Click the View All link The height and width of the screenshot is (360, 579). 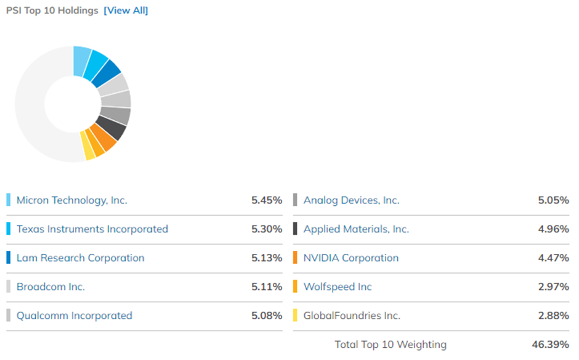point(126,10)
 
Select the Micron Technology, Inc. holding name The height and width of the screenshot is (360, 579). point(71,200)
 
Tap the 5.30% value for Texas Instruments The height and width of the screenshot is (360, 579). point(266,229)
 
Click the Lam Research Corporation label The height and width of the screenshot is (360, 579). point(80,258)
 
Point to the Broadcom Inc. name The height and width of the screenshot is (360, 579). point(51,287)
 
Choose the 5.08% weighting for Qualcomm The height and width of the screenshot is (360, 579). point(266,316)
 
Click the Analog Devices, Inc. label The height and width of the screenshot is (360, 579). point(351,200)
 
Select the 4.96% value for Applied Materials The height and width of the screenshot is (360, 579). point(553,229)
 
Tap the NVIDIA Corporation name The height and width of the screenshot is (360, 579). point(350,258)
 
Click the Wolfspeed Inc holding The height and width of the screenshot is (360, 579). point(338,287)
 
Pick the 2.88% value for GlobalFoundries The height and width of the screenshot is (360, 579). point(553,316)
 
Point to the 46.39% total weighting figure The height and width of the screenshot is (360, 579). point(550,344)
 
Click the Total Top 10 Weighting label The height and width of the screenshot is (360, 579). point(391,344)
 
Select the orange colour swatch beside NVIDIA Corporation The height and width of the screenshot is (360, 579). point(295,258)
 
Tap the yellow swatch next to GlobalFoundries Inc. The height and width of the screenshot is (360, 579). point(295,316)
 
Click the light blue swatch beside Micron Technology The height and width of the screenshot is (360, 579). point(9,200)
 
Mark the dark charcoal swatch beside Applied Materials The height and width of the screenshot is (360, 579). point(295,229)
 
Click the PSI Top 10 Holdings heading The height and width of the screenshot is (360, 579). point(52,10)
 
